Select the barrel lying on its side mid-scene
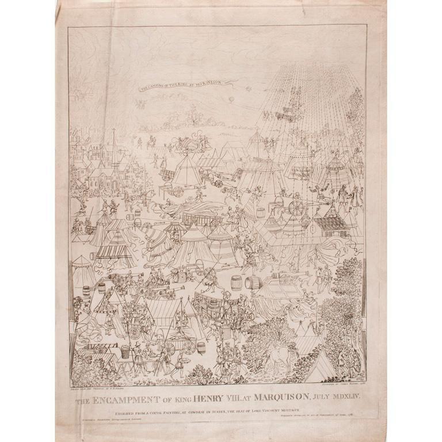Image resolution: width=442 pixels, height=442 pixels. click(254, 283)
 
